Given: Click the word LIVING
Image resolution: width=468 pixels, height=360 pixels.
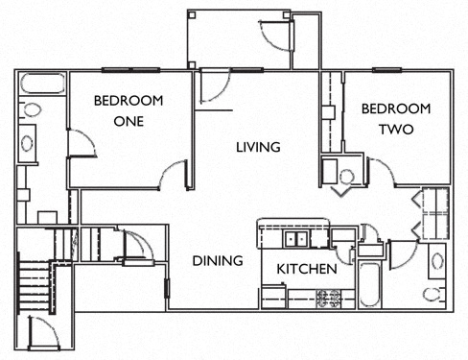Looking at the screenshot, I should pos(259,147).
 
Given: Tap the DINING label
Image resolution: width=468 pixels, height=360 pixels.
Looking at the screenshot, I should pos(216,260).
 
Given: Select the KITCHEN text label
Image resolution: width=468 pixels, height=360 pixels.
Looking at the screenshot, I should pos(307,270).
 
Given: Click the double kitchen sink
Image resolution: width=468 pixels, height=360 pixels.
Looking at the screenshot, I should pos(292,239).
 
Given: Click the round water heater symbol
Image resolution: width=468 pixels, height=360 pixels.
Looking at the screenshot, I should pos(346,177).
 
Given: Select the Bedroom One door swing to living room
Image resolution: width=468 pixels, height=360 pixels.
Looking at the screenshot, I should pos(175,174).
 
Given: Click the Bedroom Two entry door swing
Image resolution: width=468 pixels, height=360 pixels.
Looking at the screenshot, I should pos(382,173).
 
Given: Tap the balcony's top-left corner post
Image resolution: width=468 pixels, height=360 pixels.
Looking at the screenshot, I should pos(191,14).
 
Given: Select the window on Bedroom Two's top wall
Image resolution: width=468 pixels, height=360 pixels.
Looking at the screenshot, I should pos(386,69).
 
